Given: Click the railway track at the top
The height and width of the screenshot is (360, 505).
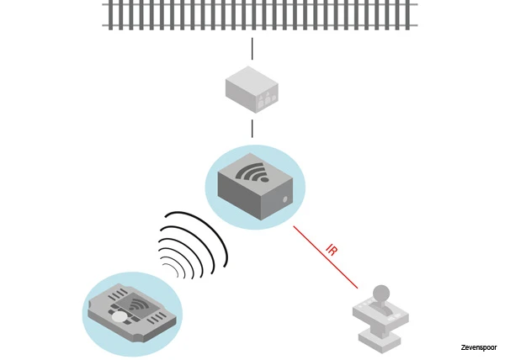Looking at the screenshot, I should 260,15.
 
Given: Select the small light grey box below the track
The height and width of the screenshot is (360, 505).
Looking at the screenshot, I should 252,91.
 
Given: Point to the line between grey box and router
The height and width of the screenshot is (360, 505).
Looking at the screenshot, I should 252,129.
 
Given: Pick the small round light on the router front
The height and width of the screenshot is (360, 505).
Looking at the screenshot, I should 288,200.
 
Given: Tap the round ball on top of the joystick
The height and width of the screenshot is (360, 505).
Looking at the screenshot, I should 381,293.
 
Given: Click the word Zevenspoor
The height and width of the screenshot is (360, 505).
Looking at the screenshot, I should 478,347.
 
